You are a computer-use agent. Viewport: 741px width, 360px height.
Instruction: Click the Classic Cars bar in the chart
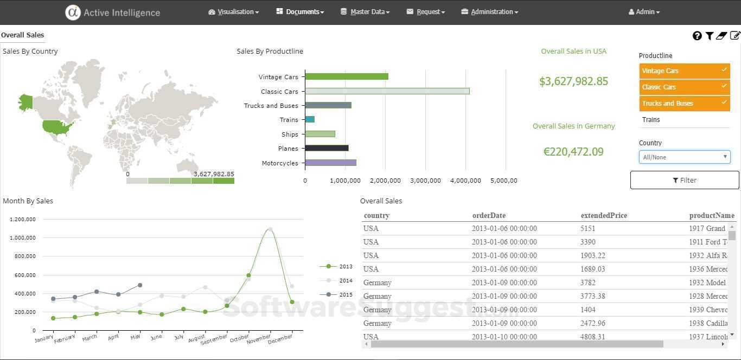(x=387, y=91)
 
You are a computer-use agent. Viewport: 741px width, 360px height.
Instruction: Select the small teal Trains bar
(x=310, y=119)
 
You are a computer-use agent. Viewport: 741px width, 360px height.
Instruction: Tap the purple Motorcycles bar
(x=330, y=163)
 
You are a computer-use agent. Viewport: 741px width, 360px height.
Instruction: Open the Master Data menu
(x=365, y=12)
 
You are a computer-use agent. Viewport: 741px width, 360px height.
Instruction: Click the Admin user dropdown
(x=644, y=12)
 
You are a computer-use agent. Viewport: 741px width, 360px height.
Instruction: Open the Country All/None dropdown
(x=685, y=157)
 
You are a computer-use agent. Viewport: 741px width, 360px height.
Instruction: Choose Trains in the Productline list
(x=651, y=120)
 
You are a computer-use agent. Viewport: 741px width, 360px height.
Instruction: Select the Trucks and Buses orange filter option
(x=684, y=104)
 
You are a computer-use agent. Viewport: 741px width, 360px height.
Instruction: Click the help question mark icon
(x=697, y=36)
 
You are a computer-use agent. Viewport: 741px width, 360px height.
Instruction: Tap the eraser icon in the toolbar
(x=721, y=36)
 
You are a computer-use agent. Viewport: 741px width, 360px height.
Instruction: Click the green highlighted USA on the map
(x=58, y=127)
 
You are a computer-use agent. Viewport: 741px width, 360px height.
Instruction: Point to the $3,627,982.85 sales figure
(x=573, y=81)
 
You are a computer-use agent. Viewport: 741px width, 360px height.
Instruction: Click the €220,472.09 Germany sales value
(x=573, y=152)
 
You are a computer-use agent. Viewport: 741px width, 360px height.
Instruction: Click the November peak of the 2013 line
(x=270, y=229)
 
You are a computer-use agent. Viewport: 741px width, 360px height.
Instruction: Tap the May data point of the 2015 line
(x=140, y=285)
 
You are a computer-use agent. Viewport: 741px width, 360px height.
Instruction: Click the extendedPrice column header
(x=604, y=216)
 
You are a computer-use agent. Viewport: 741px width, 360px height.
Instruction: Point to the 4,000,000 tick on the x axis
(x=465, y=181)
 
